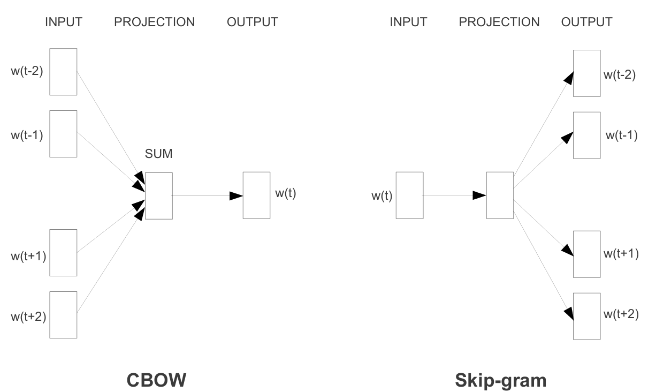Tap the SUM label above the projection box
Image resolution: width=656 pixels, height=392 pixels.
coord(158,155)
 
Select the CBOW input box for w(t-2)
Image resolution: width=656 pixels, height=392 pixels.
coord(63,72)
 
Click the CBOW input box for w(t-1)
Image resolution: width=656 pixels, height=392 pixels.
coord(63,134)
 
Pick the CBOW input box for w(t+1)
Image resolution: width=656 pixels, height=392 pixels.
coord(63,253)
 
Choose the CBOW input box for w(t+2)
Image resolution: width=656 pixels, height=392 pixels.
coord(63,315)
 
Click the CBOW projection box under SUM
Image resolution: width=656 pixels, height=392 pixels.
coord(159,195)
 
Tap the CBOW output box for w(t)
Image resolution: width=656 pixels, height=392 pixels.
coord(257,195)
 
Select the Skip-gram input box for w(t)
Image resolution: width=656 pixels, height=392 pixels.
coord(409,195)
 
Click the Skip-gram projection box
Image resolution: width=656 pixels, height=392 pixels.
coord(500,195)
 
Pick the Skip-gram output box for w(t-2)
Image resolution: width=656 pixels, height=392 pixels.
coord(587,73)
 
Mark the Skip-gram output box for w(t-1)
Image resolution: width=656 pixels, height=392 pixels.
coord(587,135)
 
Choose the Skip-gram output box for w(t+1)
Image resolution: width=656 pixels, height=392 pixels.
coord(587,254)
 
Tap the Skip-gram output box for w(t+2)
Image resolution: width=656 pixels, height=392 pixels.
coord(587,316)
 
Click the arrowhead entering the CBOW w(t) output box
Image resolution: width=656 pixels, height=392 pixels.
coord(236,196)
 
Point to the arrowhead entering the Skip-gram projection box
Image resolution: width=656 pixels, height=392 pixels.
coord(479,196)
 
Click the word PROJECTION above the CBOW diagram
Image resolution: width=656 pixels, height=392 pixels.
coord(154,22)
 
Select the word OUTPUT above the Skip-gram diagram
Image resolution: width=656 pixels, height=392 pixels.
coord(587,22)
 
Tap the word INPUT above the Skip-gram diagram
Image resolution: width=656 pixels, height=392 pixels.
coord(408,22)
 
